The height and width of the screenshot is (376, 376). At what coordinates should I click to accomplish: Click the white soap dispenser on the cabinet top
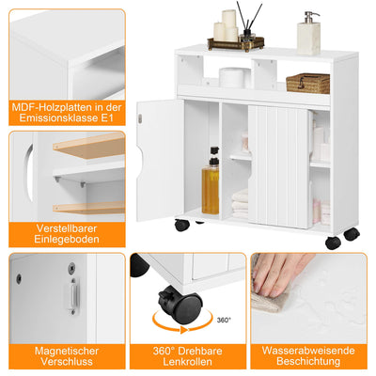[x=308, y=35]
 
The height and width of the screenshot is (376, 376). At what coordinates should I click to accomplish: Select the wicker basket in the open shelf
[x=307, y=83]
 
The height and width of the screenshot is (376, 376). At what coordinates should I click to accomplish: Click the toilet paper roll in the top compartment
[x=232, y=77]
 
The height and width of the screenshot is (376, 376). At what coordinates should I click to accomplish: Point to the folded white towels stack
[x=240, y=202]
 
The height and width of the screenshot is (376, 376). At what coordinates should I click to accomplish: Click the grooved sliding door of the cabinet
[x=278, y=164]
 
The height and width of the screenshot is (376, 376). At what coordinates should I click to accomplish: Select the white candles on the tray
[x=227, y=25]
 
